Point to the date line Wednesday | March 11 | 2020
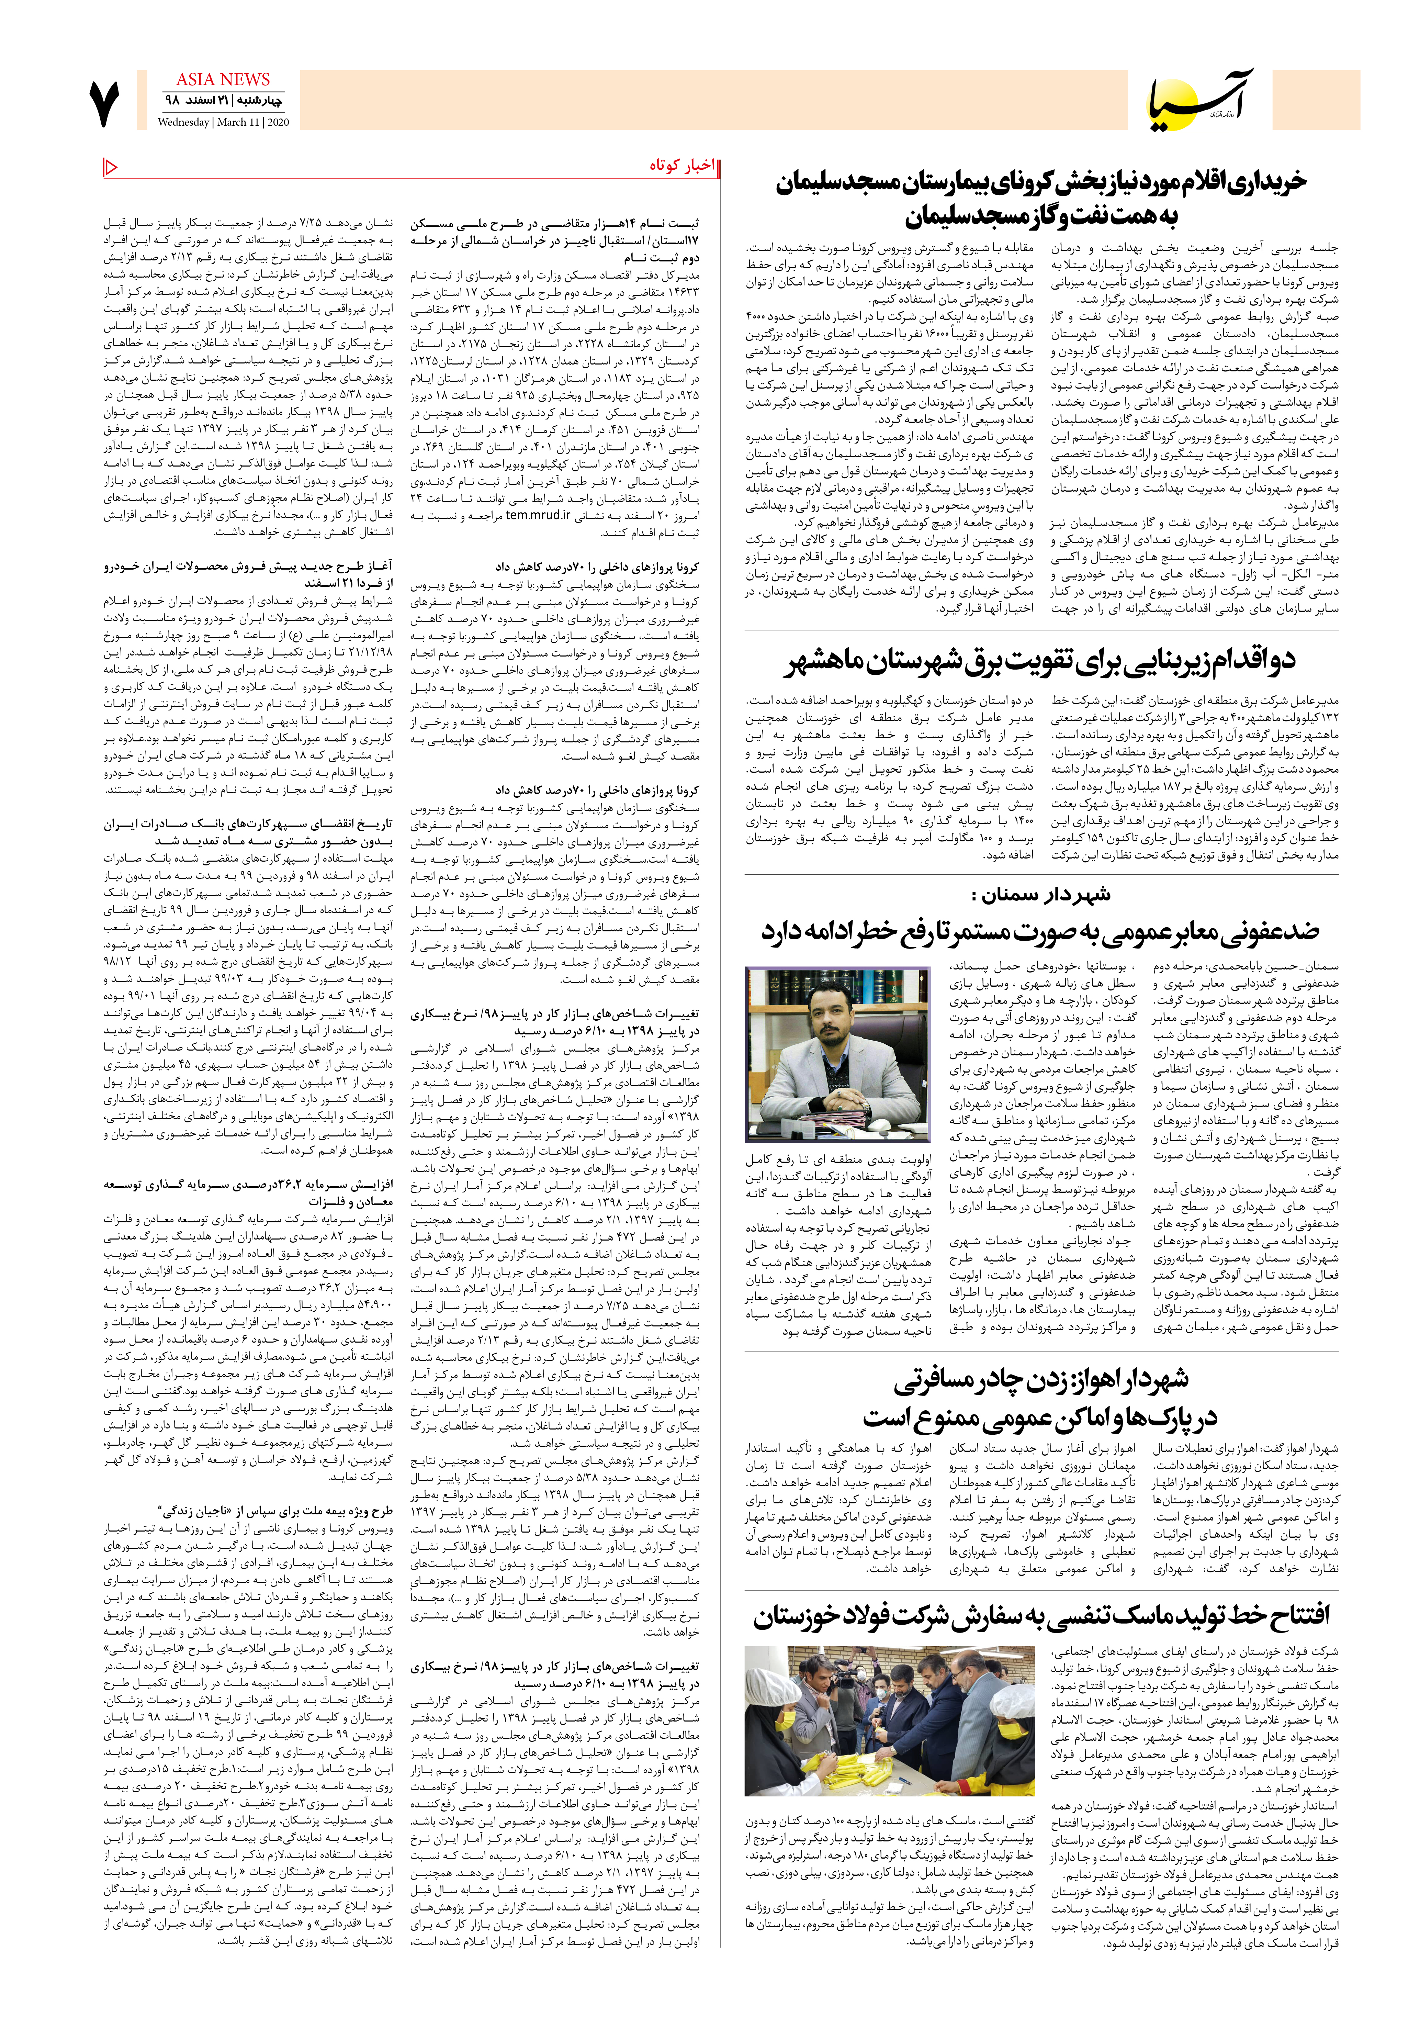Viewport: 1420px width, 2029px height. click(x=224, y=123)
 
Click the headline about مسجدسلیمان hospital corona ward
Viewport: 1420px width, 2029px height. click(x=1041, y=199)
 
